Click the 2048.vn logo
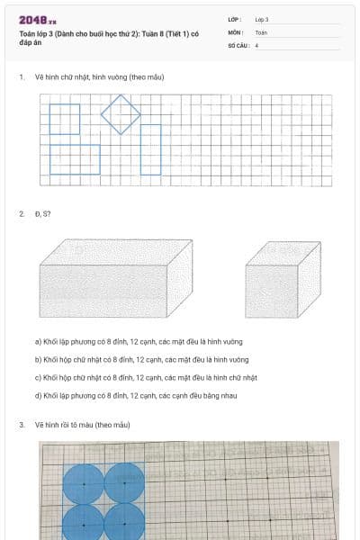(x=38, y=19)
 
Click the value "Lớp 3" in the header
(x=262, y=19)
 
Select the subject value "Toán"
(x=261, y=31)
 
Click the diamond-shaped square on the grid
(x=121, y=114)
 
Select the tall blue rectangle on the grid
(x=151, y=148)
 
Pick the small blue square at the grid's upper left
(x=64, y=119)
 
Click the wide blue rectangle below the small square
(x=75, y=159)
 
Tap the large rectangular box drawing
(x=115, y=278)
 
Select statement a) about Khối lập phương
(x=139, y=341)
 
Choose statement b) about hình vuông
(x=139, y=359)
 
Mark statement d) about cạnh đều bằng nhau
(x=136, y=395)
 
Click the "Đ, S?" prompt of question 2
(x=42, y=213)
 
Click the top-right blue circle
(x=124, y=483)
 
